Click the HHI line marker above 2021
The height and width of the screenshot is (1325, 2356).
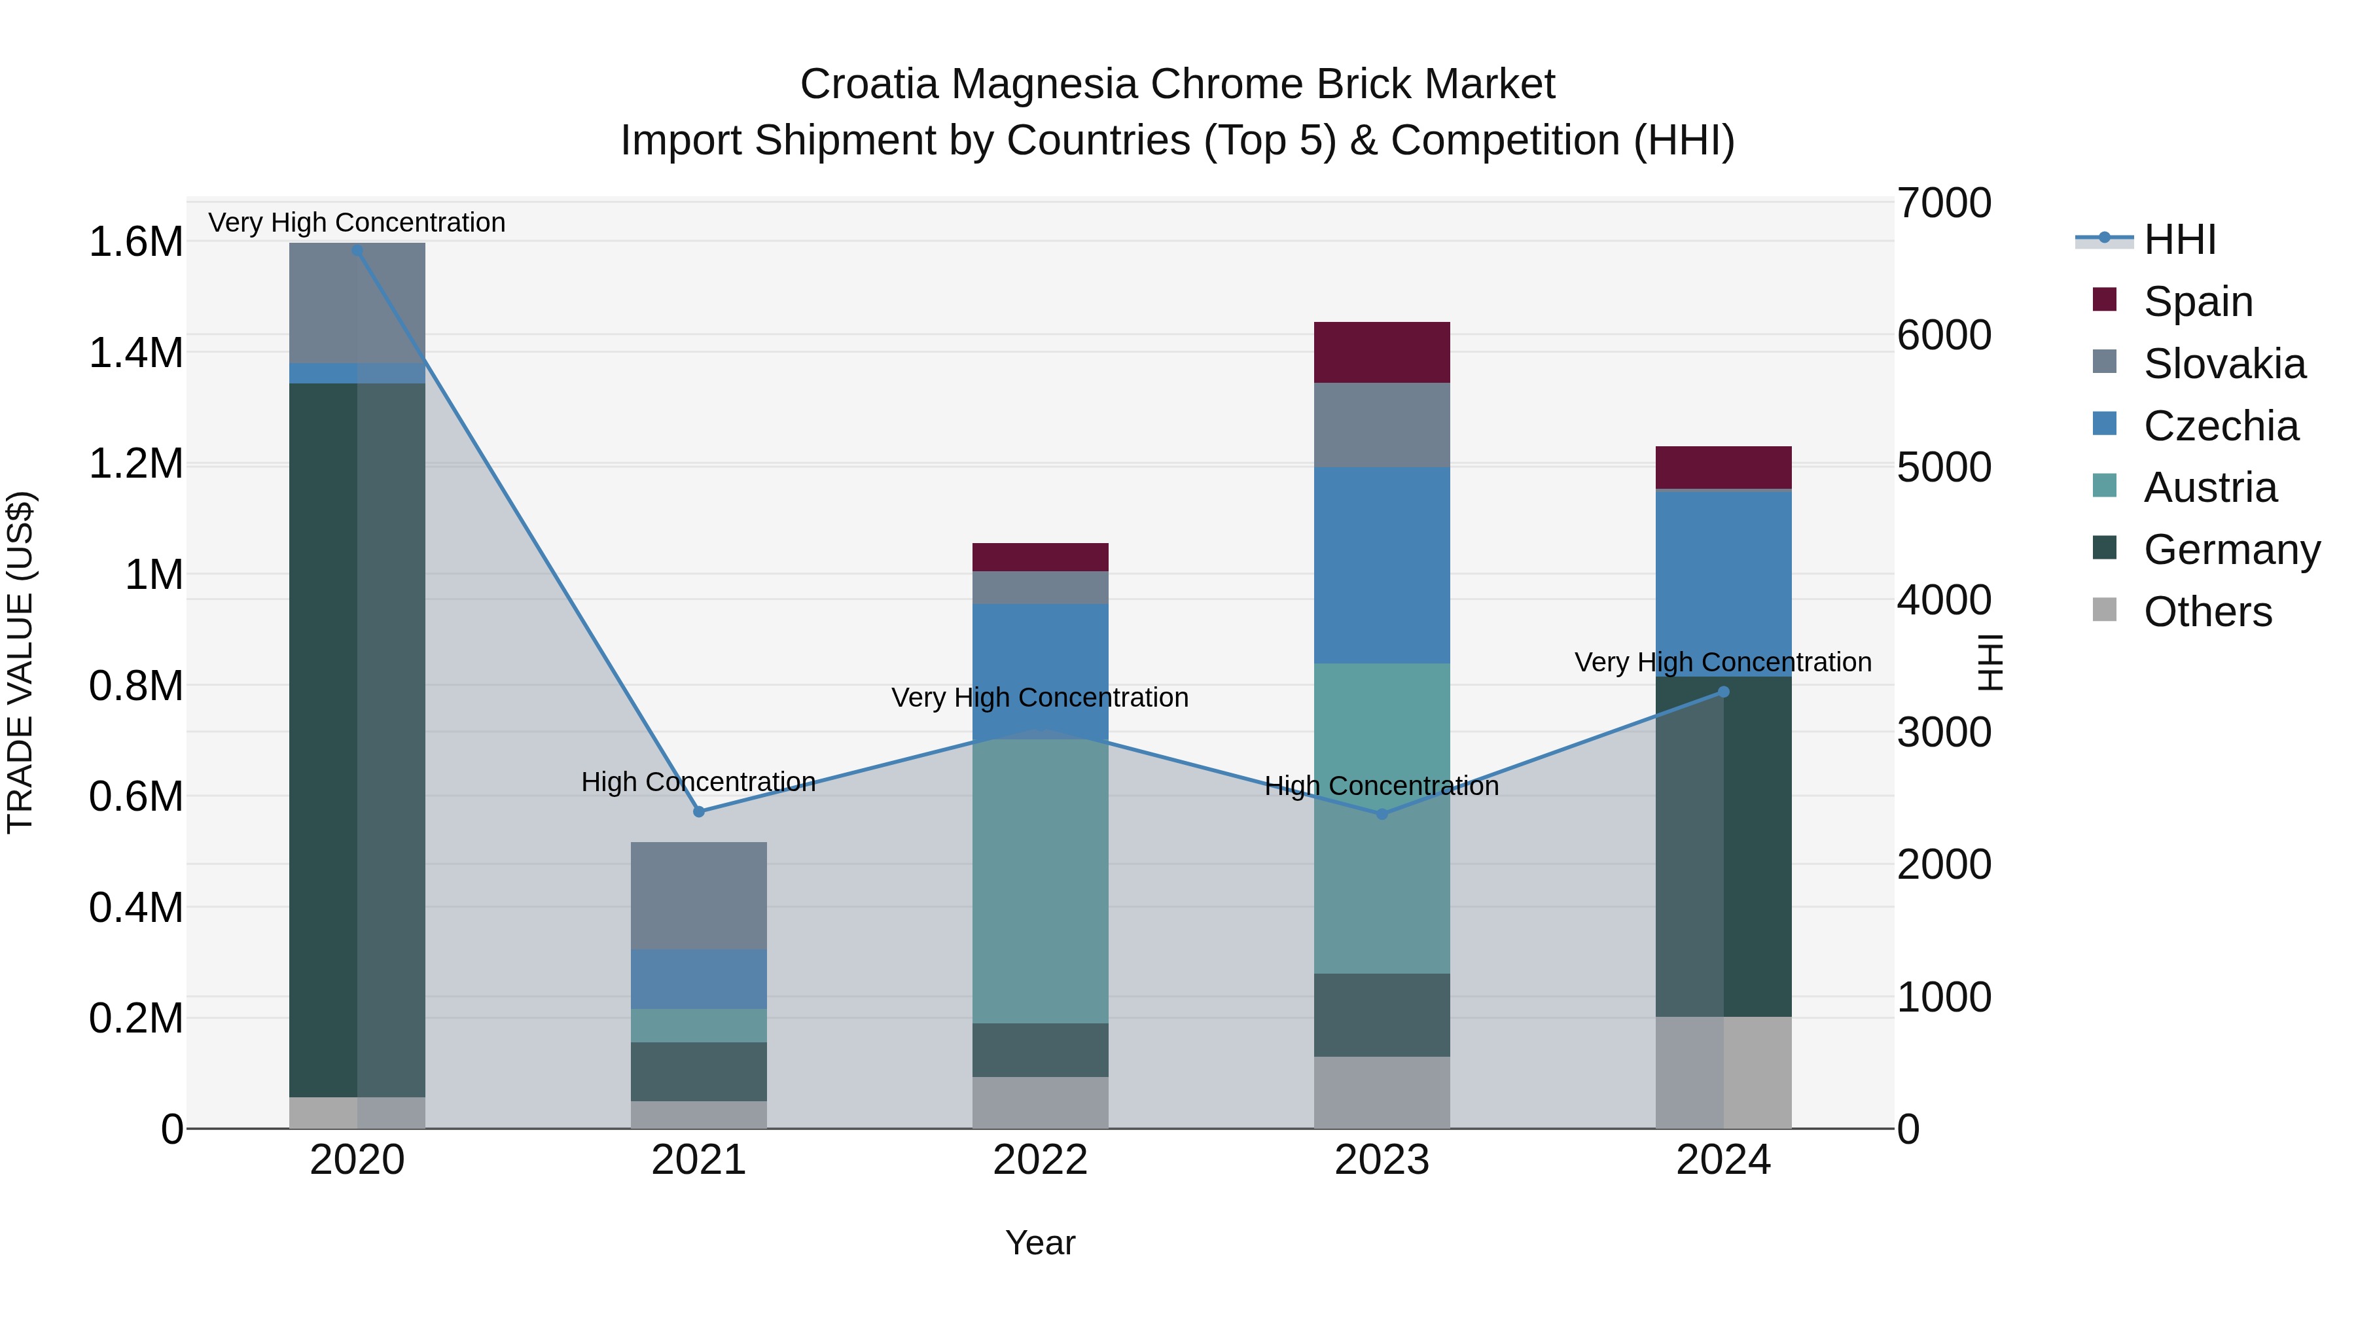[x=699, y=811]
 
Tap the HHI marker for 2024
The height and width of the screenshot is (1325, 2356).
[x=1723, y=692]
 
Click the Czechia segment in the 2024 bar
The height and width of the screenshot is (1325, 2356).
[x=1723, y=582]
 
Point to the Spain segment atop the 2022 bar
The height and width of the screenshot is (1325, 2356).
[x=1040, y=557]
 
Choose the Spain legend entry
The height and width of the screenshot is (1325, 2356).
[x=2197, y=301]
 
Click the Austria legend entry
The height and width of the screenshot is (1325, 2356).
[x=2209, y=487]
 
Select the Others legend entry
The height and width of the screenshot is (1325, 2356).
[x=2206, y=612]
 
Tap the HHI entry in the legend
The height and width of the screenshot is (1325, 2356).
[x=2179, y=239]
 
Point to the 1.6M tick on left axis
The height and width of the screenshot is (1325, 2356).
[x=136, y=242]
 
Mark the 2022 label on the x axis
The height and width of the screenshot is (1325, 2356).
[x=1040, y=1160]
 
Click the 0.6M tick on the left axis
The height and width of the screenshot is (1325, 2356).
[x=136, y=796]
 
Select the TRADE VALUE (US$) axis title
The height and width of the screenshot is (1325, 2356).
[x=20, y=662]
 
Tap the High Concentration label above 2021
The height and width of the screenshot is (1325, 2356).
[x=699, y=782]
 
